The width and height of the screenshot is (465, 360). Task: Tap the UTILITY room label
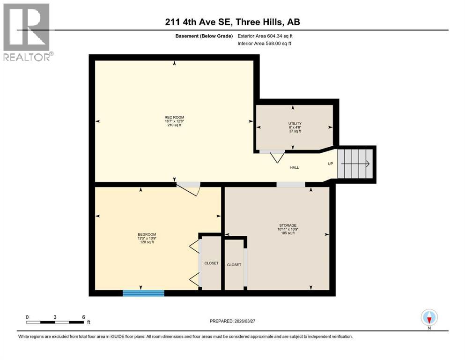pos(295,123)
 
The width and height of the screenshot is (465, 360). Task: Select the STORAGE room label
pos(288,225)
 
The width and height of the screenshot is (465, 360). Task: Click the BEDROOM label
pos(147,234)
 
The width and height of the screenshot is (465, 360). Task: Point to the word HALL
pos(295,167)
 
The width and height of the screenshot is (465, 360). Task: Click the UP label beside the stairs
pos(331,164)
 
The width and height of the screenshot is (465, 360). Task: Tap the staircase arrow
pos(356,164)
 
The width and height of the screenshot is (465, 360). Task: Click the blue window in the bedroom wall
pos(143,293)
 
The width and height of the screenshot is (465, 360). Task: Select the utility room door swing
pos(276,157)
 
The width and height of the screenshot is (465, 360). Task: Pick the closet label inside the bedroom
pos(211,263)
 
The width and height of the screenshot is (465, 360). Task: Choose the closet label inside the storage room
pos(234,265)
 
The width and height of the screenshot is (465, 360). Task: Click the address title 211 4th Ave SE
pos(232,22)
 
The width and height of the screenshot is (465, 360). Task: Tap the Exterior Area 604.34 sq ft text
pos(265,36)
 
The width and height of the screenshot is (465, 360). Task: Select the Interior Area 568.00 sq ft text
pos(265,44)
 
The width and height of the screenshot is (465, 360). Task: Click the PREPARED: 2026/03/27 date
pos(233,321)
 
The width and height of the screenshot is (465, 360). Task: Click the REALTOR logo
pos(27,32)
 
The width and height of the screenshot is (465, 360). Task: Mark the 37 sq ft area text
pos(295,132)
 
